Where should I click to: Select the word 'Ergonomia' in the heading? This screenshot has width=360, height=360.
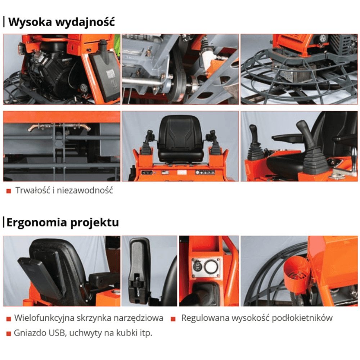pyautogui.click(x=33, y=222)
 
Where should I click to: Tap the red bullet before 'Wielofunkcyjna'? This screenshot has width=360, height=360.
pyautogui.click(x=8, y=319)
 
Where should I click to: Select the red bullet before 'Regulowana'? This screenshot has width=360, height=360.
pyautogui.click(x=173, y=319)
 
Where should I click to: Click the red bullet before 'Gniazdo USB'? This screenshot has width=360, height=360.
pyautogui.click(x=8, y=333)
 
